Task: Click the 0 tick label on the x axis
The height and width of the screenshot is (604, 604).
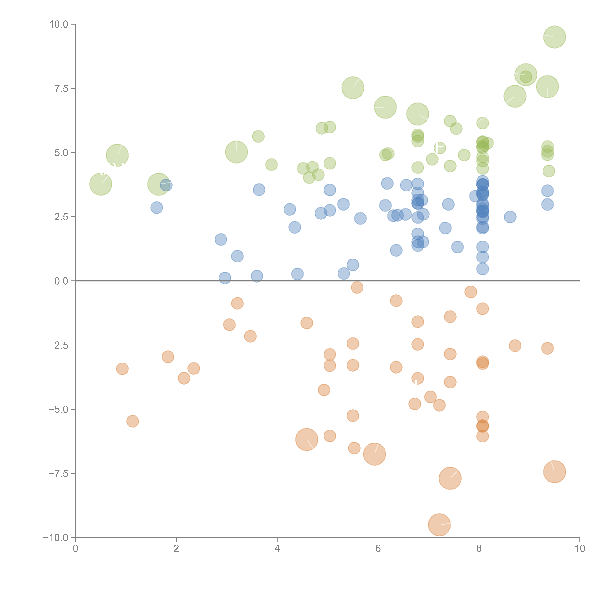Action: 75,549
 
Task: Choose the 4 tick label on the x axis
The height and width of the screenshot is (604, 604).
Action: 277,549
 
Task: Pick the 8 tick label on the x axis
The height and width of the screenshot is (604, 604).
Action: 479,549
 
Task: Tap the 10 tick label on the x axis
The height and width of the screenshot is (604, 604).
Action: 580,549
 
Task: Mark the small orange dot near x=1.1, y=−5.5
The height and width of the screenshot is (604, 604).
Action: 133,421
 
